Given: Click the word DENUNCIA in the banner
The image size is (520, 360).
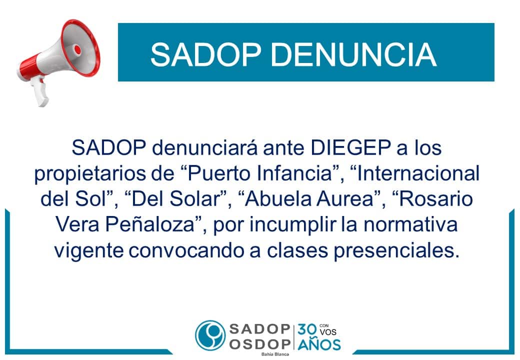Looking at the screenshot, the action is [353, 54].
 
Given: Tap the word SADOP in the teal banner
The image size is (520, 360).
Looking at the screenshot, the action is [205, 54].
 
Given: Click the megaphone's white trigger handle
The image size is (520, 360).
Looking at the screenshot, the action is [40, 90].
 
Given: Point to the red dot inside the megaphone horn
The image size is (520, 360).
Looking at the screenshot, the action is [77, 49].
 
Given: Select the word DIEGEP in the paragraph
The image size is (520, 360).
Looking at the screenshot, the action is [350, 148].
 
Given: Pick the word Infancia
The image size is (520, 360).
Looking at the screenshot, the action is [296, 173].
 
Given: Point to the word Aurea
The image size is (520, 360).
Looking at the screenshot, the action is [348, 199].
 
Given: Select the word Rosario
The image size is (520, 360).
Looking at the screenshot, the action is [433, 199].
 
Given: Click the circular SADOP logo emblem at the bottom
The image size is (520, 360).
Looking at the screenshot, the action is [210, 335].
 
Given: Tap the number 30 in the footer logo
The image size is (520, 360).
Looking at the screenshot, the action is [307, 329].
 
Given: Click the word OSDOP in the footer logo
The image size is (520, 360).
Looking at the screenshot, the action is [259, 344].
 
